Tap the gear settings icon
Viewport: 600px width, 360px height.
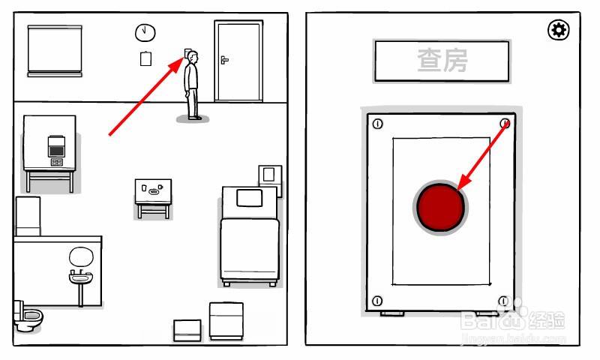[x=559, y=30]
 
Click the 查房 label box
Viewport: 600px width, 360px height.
[x=442, y=61]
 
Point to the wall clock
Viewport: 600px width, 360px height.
[x=145, y=32]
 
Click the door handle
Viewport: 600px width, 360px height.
[x=223, y=58]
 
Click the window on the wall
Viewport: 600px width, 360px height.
[x=54, y=49]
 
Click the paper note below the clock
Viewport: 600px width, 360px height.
[x=146, y=58]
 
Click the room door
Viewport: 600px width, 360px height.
[x=238, y=61]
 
